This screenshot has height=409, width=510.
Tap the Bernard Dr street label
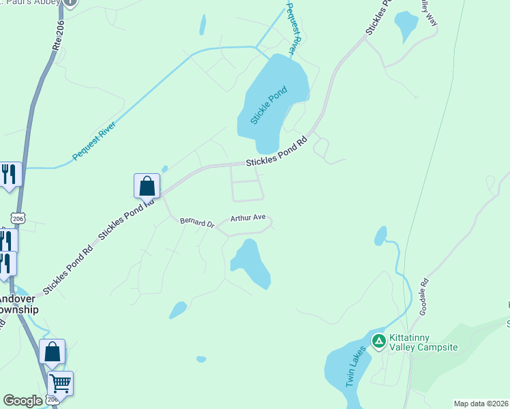pyautogui.click(x=197, y=222)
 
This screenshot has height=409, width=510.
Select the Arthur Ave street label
pyautogui.click(x=247, y=218)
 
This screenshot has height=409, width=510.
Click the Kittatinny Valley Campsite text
pyautogui.click(x=423, y=342)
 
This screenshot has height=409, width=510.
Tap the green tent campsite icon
pyautogui.click(x=378, y=339)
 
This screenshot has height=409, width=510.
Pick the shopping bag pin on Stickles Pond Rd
pyautogui.click(x=147, y=185)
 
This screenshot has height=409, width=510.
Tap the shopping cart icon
pyautogui.click(x=60, y=384)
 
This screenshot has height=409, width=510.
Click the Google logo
pyautogui.click(x=22, y=401)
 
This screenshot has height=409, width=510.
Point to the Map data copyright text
pyautogui.click(x=481, y=404)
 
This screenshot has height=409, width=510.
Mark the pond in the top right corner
pyautogui.click(x=406, y=26)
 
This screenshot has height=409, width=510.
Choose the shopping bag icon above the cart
pyautogui.click(x=52, y=352)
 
